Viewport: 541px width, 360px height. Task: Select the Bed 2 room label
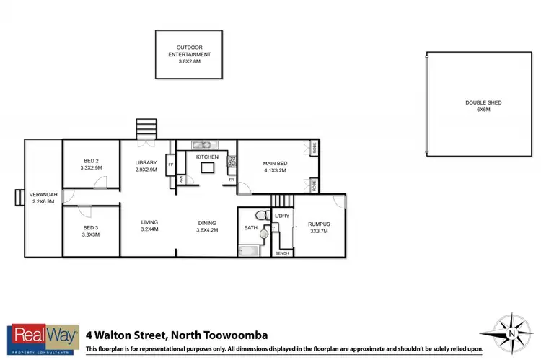tap(91, 164)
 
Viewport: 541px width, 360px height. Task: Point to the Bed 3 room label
tap(91, 232)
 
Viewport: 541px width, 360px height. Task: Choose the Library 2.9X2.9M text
tap(146, 166)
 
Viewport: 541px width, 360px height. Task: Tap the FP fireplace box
tap(171, 165)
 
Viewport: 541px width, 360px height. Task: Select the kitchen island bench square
tap(207, 168)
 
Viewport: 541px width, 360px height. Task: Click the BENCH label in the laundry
tap(282, 253)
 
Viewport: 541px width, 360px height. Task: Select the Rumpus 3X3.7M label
tap(317, 228)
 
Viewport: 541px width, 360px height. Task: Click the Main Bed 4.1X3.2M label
tap(274, 167)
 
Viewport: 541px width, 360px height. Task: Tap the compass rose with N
tap(509, 335)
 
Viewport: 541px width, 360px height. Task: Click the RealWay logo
tap(42, 339)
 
